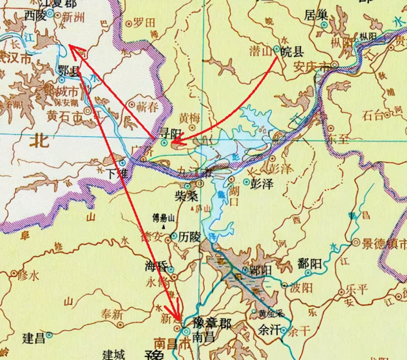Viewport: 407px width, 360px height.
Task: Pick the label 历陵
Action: click(189, 237)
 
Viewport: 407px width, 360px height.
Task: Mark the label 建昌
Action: click(34, 338)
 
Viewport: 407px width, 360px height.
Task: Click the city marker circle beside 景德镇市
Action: click(356, 242)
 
